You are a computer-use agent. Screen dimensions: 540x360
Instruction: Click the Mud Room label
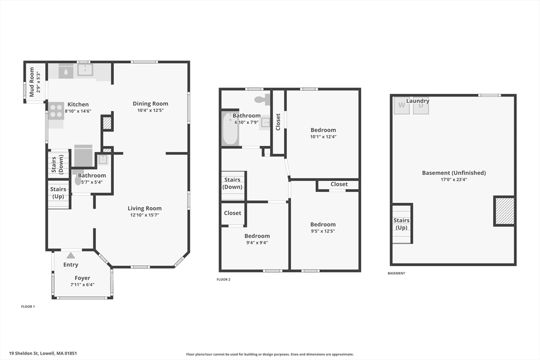tap(32, 82)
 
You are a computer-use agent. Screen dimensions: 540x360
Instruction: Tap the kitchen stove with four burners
tap(56, 111)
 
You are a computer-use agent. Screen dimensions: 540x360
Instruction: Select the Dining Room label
tap(150, 104)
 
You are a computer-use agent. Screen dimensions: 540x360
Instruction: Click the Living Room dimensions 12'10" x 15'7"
tap(144, 215)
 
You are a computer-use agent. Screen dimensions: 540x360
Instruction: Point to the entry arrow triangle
tap(71, 255)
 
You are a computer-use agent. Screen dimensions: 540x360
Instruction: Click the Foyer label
tap(82, 278)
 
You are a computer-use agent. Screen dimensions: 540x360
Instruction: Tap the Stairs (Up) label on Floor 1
tap(58, 193)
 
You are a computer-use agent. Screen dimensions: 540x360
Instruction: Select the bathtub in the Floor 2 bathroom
tap(230, 129)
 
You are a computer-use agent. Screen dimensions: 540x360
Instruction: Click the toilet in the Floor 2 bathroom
tap(262, 99)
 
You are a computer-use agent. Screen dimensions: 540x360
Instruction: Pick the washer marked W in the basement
tap(401, 105)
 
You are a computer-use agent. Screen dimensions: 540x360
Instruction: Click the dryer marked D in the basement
tap(421, 106)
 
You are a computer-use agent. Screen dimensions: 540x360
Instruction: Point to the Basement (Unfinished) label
tap(454, 173)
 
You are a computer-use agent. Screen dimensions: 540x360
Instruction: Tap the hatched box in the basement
tap(505, 211)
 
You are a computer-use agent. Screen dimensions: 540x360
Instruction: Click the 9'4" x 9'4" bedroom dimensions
tap(257, 242)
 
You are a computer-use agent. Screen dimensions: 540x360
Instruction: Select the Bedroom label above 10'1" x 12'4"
tap(323, 130)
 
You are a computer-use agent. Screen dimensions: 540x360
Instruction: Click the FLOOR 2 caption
tap(224, 279)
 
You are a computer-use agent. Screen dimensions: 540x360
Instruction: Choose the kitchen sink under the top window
tap(84, 70)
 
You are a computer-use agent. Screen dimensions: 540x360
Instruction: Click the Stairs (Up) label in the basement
tap(401, 223)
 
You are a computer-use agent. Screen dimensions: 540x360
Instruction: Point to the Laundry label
tap(418, 101)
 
